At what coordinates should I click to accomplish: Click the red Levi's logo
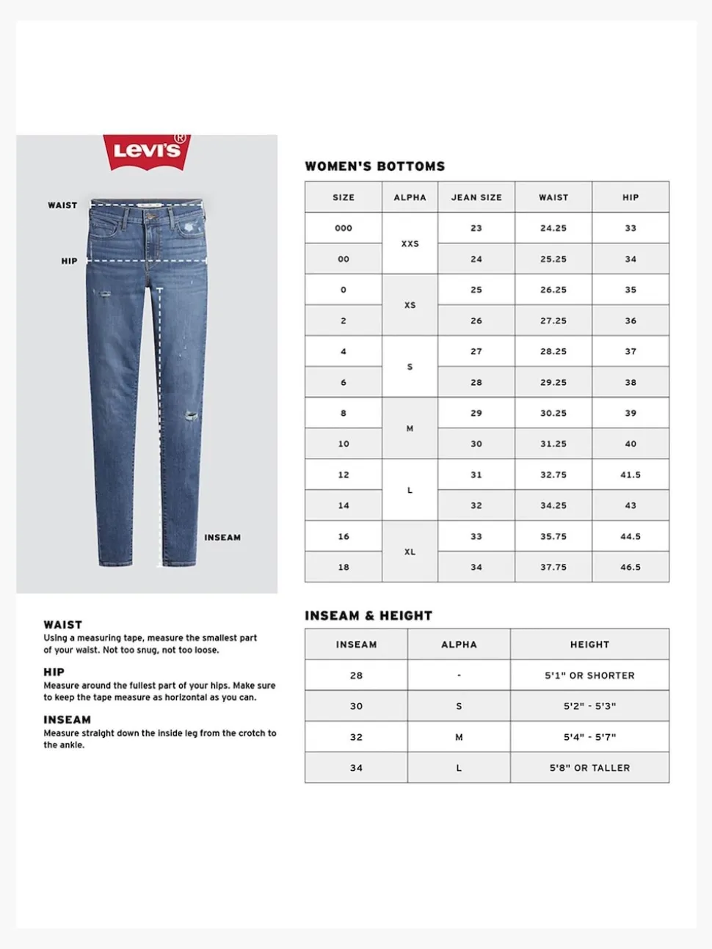[x=147, y=151]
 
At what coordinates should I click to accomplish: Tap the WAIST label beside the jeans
[x=62, y=205]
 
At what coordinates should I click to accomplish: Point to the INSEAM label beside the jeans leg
[x=222, y=538]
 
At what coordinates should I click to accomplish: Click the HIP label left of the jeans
[x=69, y=261]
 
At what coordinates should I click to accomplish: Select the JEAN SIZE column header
[x=476, y=197]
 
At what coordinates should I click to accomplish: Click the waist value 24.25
[x=553, y=228]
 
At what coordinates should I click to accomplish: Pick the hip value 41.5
[x=631, y=475]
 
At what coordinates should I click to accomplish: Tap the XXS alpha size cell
[x=410, y=243]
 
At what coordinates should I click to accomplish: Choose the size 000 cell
[x=344, y=228]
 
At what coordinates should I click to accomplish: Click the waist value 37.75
[x=553, y=567]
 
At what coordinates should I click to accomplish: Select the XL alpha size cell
[x=410, y=552]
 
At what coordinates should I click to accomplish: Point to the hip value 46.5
[x=631, y=567]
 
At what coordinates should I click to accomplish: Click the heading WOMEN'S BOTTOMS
[x=375, y=166]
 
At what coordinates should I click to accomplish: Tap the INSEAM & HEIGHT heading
[x=368, y=616]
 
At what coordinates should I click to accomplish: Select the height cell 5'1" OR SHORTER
[x=589, y=675]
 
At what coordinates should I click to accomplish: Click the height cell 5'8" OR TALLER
[x=589, y=768]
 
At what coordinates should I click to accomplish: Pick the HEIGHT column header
[x=589, y=645]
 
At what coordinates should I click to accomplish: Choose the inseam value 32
[x=356, y=737]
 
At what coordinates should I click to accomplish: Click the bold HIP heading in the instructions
[x=54, y=672]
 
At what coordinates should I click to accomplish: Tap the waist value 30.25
[x=553, y=413]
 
